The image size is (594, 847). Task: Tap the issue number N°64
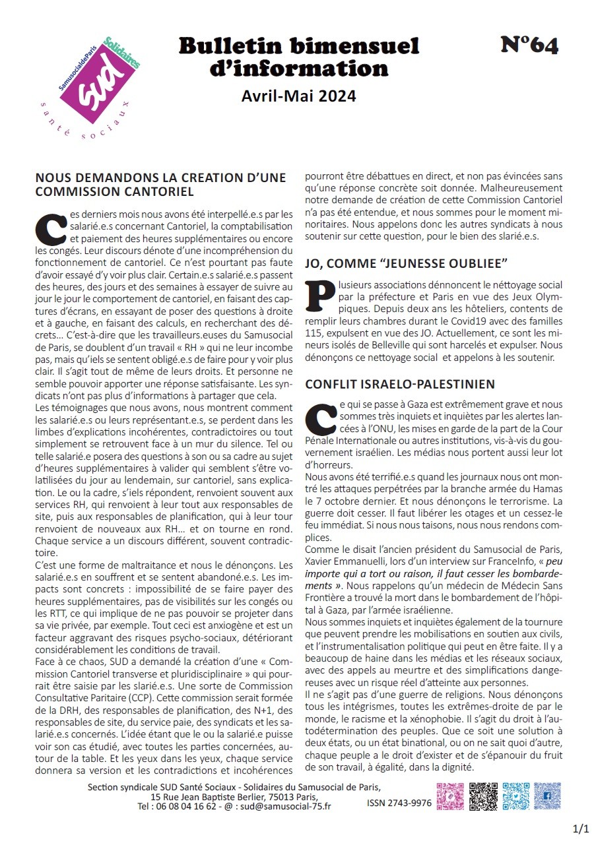[x=529, y=45]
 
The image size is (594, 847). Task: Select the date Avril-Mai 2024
[x=299, y=96]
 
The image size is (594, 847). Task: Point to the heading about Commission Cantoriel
[x=160, y=185]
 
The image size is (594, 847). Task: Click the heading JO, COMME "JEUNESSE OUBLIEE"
[x=406, y=263]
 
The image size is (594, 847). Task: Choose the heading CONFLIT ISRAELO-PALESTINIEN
[x=409, y=384]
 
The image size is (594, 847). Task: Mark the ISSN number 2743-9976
[x=399, y=803]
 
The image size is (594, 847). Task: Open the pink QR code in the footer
[x=450, y=796]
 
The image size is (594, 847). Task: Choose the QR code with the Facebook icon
[x=547, y=796]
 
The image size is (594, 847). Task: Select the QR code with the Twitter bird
[x=515, y=796]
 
